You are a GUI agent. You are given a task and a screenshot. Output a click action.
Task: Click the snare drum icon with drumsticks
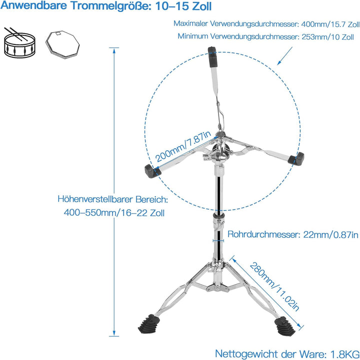[x=20, y=43]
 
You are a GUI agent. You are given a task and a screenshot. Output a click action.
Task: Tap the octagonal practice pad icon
[x=62, y=44]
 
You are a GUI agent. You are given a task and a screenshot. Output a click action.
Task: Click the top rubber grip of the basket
[x=212, y=57]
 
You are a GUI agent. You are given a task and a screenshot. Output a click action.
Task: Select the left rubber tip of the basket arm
[x=151, y=171]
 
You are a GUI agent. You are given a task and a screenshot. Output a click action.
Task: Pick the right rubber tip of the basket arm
[x=296, y=158]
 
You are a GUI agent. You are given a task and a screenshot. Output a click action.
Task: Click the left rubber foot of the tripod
[x=149, y=324]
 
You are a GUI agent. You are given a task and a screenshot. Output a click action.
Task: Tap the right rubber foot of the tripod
[x=284, y=326]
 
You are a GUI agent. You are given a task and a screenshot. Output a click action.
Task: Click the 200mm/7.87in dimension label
[x=183, y=146]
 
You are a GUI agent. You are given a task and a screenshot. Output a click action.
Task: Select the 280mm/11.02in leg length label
[x=274, y=287]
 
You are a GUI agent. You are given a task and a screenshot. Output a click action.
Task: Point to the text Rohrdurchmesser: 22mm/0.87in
[x=293, y=234]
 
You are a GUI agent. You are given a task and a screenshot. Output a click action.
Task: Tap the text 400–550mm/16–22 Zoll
[x=114, y=213]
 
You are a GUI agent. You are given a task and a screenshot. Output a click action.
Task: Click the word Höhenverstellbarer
[x=95, y=199]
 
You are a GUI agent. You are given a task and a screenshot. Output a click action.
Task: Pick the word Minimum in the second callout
[x=192, y=36]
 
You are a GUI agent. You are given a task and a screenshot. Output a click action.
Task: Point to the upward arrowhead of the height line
[x=114, y=50]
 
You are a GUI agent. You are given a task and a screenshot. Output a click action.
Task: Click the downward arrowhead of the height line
[x=114, y=334]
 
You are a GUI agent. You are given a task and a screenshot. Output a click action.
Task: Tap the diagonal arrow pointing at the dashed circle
[x=284, y=56]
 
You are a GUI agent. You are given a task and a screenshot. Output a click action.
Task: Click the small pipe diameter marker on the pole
[x=218, y=241]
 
